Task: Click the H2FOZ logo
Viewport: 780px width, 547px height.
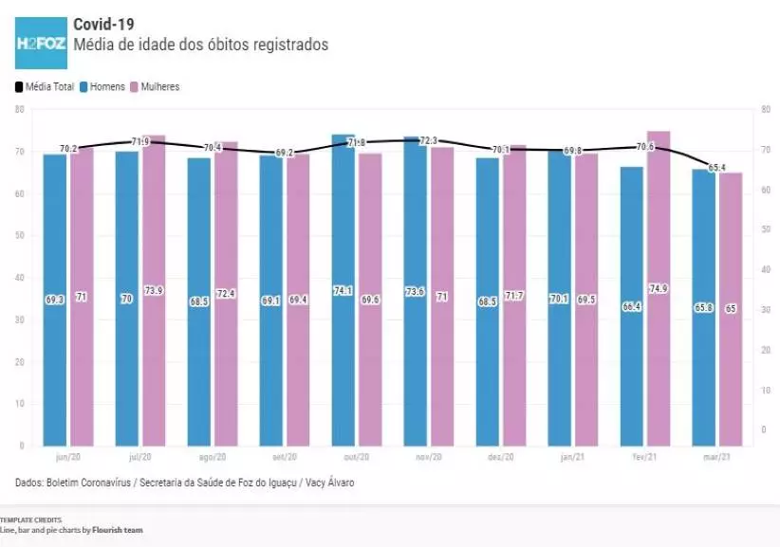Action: (x=41, y=43)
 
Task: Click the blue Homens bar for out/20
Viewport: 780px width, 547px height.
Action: (x=344, y=284)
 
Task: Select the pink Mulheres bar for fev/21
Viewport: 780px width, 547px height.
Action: (x=659, y=284)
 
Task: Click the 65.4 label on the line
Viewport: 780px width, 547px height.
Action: (x=717, y=168)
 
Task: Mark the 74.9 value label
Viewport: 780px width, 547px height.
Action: (x=659, y=289)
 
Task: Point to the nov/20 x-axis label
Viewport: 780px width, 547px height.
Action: (x=428, y=457)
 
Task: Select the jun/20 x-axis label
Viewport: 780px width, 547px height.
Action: (x=67, y=457)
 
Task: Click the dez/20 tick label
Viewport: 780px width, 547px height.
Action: (x=500, y=457)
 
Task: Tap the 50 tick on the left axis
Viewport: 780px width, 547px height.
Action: (x=19, y=235)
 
